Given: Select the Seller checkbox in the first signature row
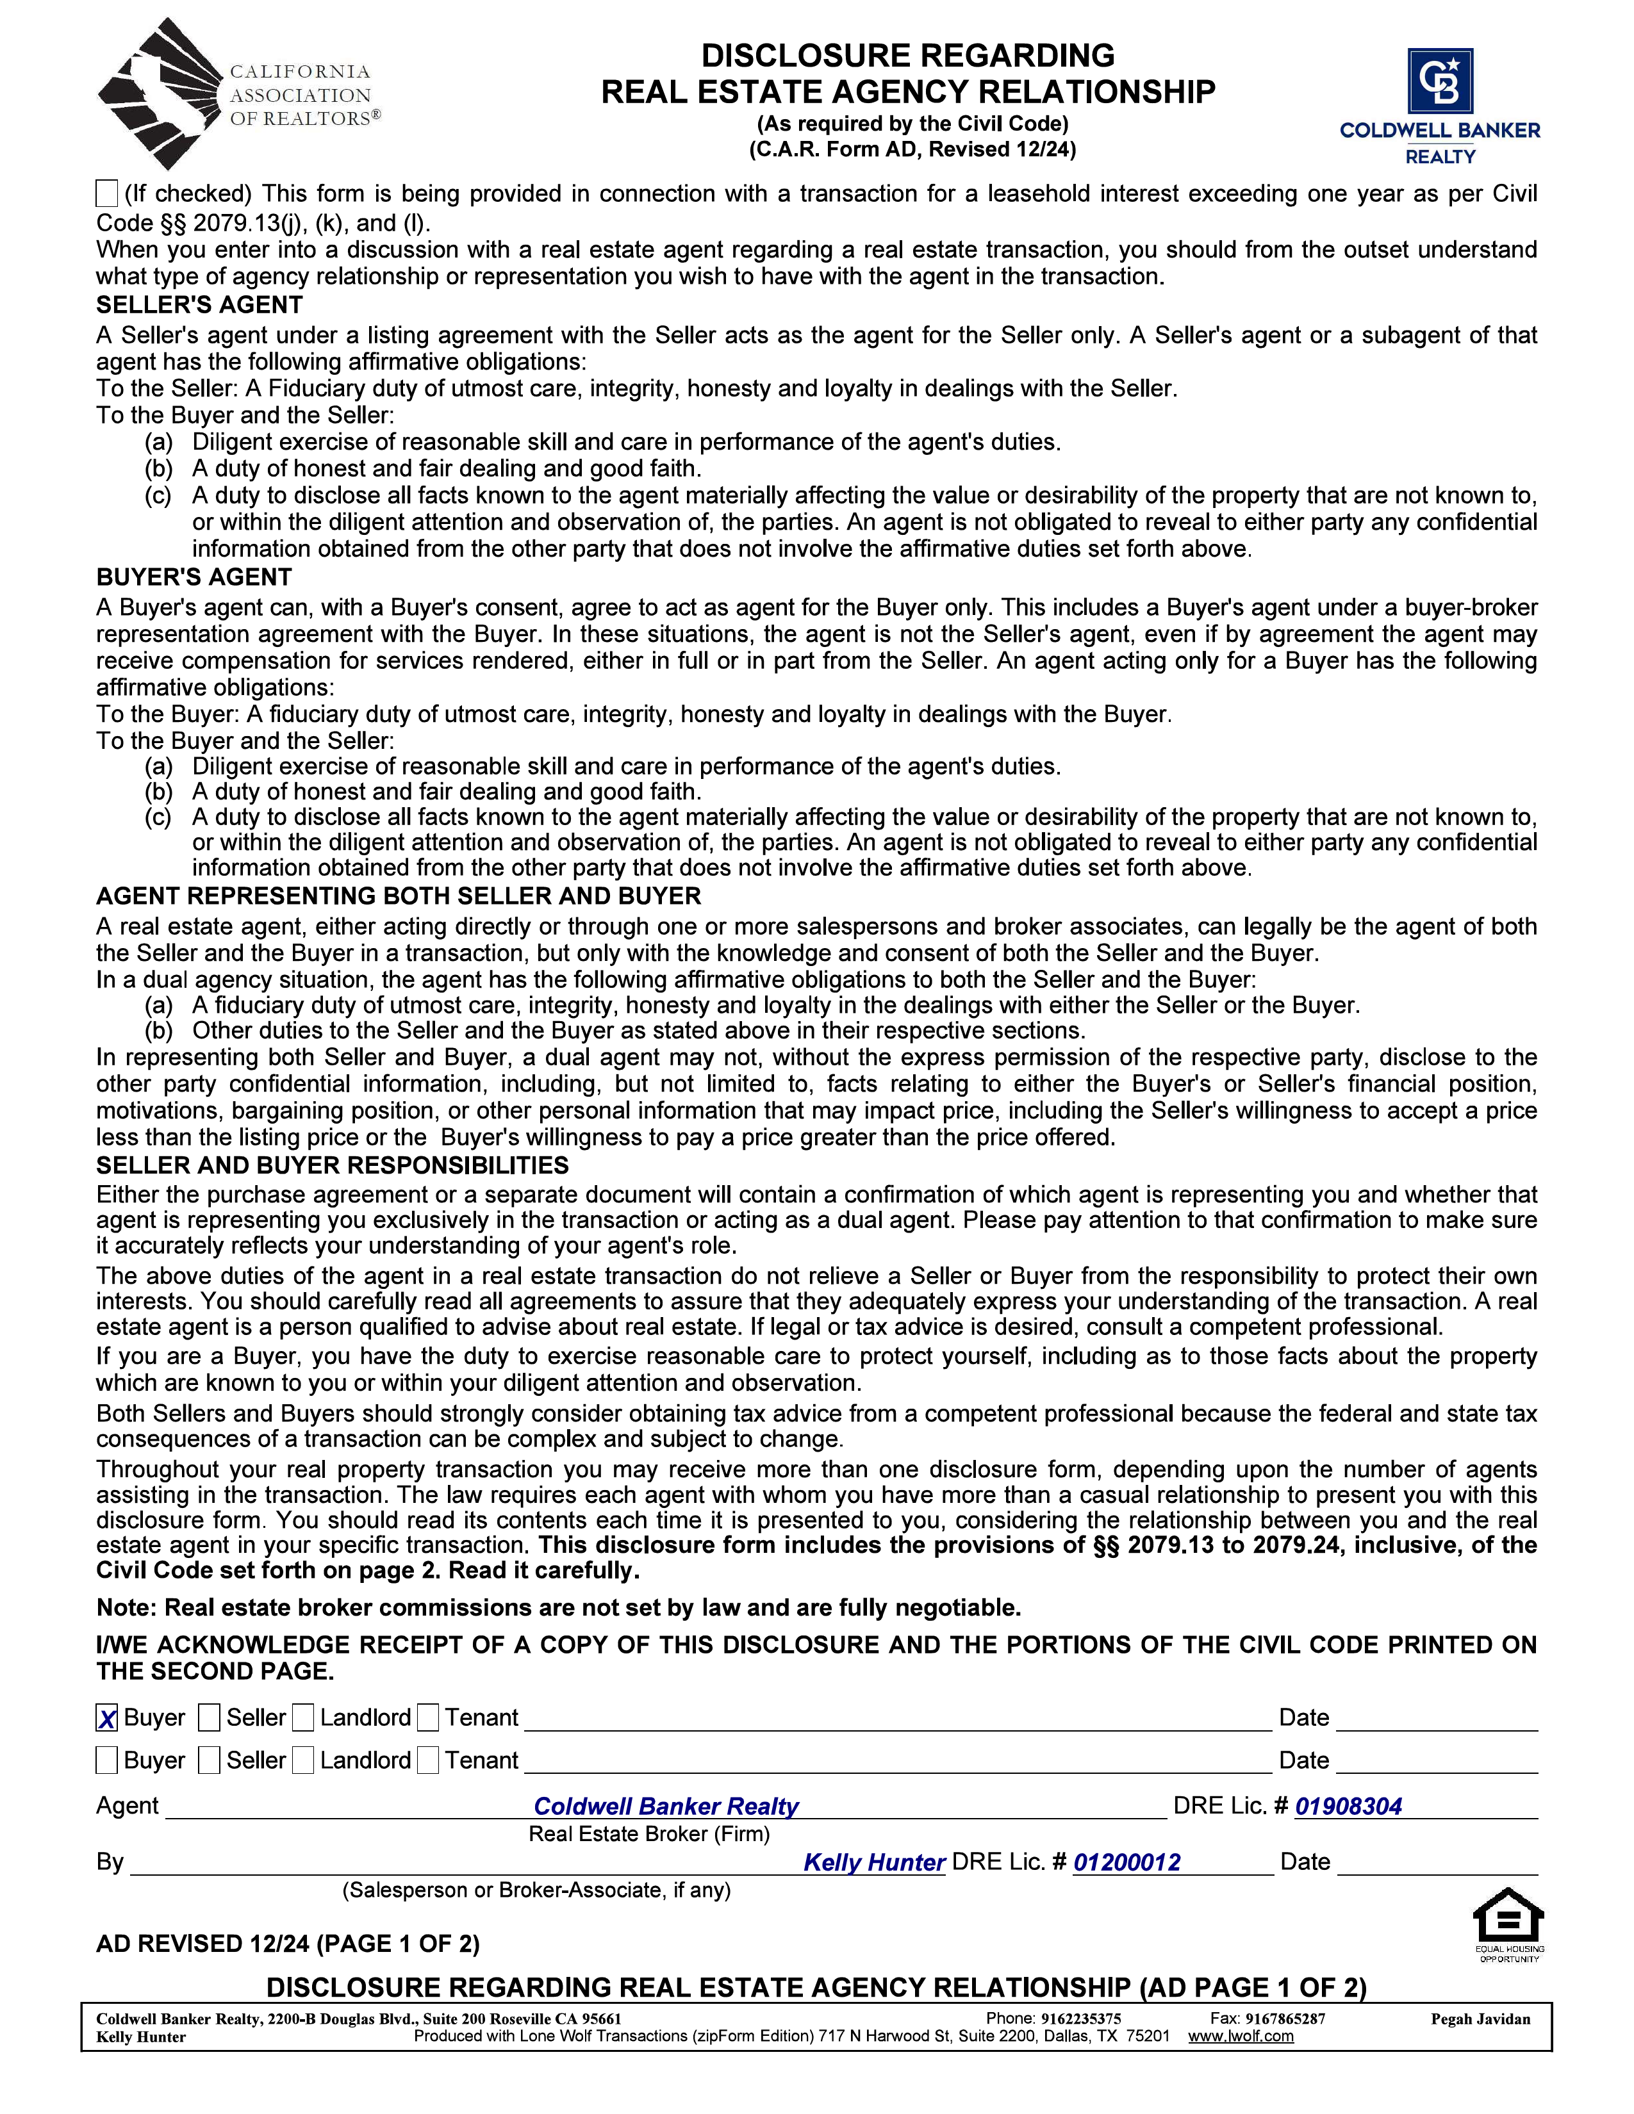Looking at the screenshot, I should (x=208, y=1718).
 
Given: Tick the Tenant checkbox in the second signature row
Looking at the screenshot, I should (x=428, y=1760).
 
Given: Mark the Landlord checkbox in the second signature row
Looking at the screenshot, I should (x=303, y=1760).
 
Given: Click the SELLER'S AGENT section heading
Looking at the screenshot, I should (x=199, y=306).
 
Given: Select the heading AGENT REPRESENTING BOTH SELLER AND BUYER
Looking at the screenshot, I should (x=399, y=896).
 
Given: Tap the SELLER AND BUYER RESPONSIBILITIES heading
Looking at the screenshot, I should (x=332, y=1165).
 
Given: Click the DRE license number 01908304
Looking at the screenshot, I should (x=1348, y=1807).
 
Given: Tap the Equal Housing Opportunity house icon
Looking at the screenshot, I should (x=1508, y=1917).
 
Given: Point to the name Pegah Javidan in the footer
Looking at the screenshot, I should (x=1480, y=2019).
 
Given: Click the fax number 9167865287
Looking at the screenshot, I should (x=1285, y=2019).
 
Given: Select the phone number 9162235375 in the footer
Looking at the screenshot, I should (x=1080, y=2019).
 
